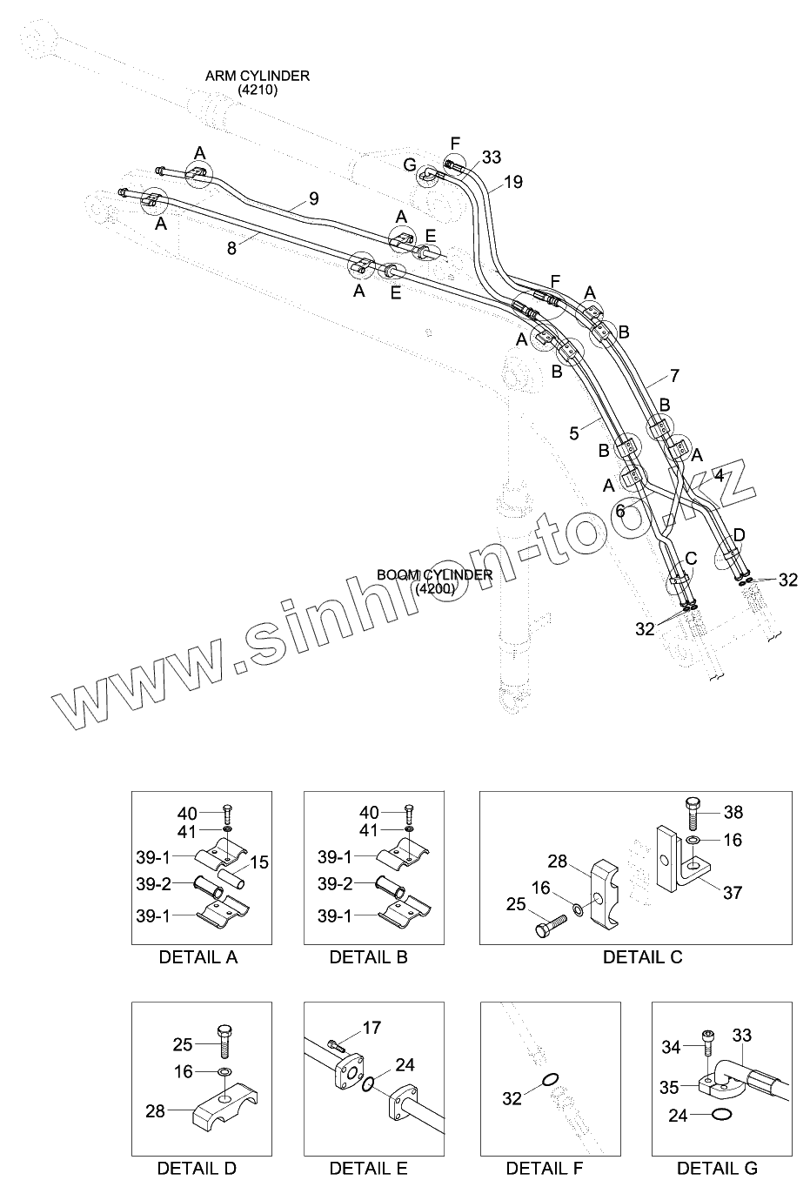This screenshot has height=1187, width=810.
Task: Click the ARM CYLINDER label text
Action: click(257, 77)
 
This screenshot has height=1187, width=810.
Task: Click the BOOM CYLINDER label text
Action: click(434, 575)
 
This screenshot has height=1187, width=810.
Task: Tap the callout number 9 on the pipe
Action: click(313, 198)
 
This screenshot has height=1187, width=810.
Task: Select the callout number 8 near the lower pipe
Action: click(231, 247)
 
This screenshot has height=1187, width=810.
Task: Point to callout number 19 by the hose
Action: click(513, 182)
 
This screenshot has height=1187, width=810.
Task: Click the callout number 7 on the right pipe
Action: click(674, 376)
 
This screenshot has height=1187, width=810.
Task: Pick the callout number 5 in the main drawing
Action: click(574, 433)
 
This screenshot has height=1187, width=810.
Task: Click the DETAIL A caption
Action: click(198, 957)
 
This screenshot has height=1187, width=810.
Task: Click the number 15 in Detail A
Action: click(259, 862)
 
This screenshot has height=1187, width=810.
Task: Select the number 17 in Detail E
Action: click(372, 1028)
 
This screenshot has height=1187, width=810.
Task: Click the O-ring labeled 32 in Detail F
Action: click(550, 1081)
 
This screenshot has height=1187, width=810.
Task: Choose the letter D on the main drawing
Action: click(739, 533)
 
